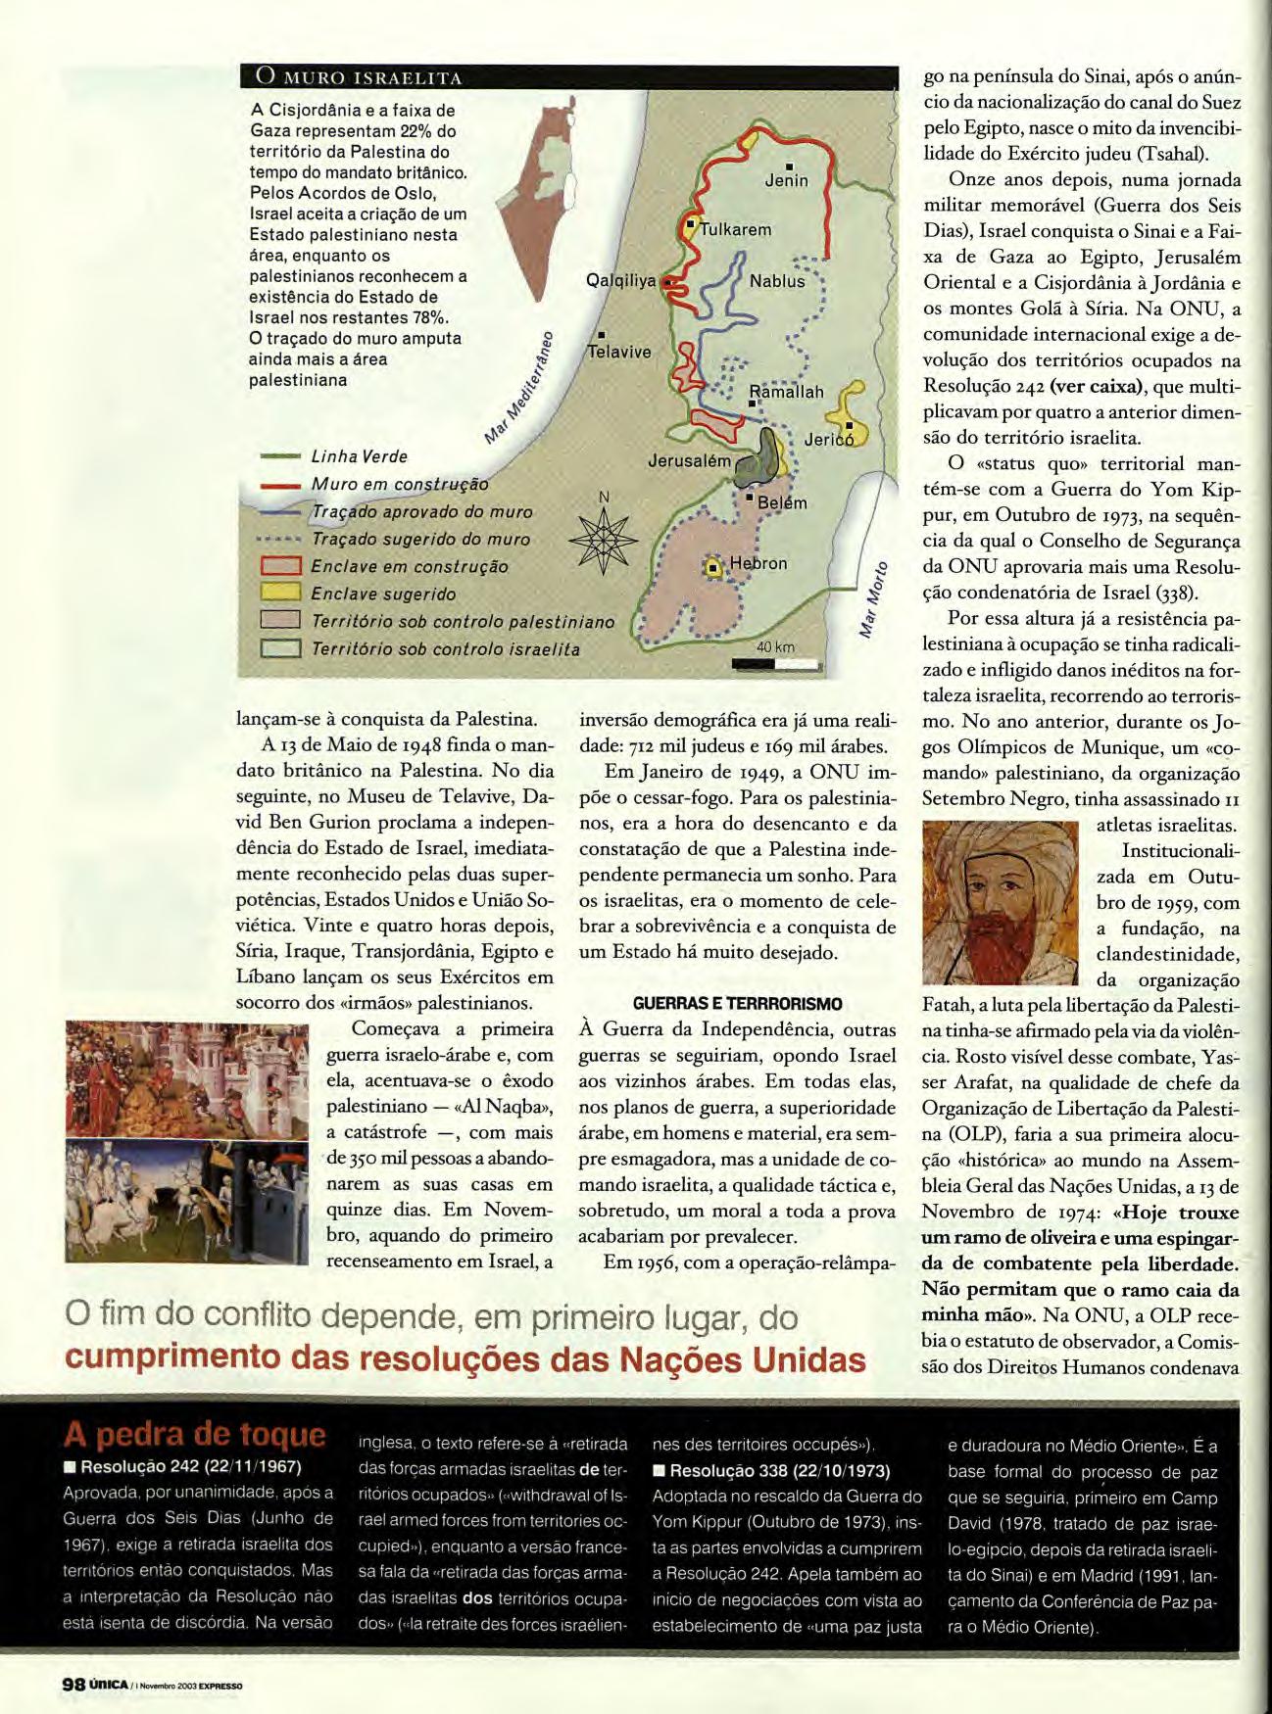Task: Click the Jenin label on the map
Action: click(786, 180)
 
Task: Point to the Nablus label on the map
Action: click(776, 282)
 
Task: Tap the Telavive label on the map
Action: click(618, 352)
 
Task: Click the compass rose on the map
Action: click(604, 541)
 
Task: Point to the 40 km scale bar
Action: click(775, 663)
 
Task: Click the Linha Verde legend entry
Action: click(359, 456)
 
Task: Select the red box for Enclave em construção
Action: click(279, 566)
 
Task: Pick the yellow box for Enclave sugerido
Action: click(279, 594)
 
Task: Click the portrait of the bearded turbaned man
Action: click(1000, 903)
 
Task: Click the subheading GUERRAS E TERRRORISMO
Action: click(737, 1004)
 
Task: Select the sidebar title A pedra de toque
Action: click(194, 1435)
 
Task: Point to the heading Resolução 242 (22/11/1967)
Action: click(190, 1467)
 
